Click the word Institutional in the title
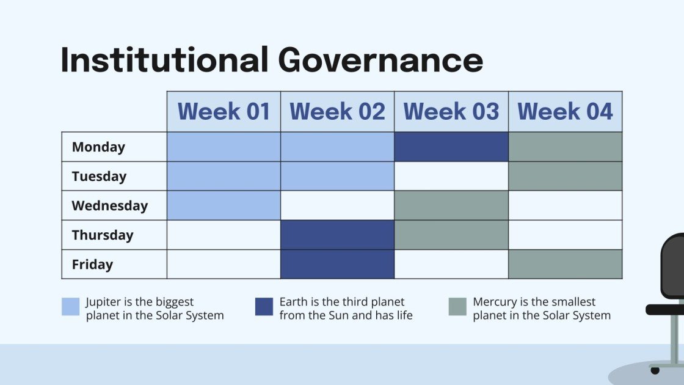pyautogui.click(x=164, y=60)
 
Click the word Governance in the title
pyautogui.click(x=380, y=60)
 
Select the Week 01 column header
pyautogui.click(x=224, y=112)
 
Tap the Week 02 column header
pyautogui.click(x=337, y=112)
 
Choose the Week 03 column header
pyautogui.click(x=451, y=112)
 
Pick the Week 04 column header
pyautogui.click(x=565, y=112)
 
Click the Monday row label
pyautogui.click(x=98, y=147)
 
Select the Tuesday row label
pyautogui.click(x=99, y=176)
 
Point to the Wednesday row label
pyautogui.click(x=109, y=205)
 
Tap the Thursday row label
pyautogui.click(x=102, y=235)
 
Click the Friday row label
pyautogui.click(x=92, y=264)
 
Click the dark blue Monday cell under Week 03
pyautogui.click(x=451, y=147)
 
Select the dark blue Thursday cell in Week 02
pyautogui.click(x=337, y=235)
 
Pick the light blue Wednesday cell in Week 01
pyautogui.click(x=224, y=205)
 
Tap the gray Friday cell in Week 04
pyautogui.click(x=565, y=264)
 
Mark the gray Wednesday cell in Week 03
pyautogui.click(x=451, y=205)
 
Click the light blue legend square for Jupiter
pyautogui.click(x=71, y=307)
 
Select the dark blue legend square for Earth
pyautogui.click(x=264, y=307)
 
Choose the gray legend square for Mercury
pyautogui.click(x=457, y=307)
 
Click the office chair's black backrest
pyautogui.click(x=674, y=266)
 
